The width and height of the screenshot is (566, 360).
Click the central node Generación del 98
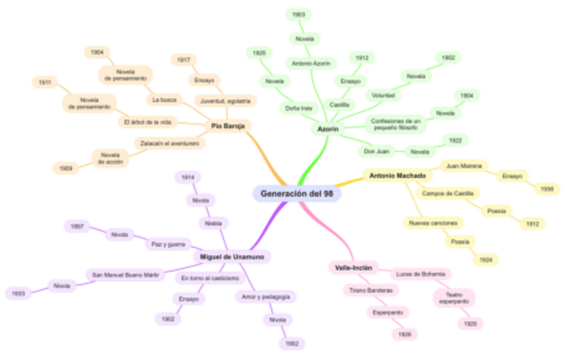coord(296,194)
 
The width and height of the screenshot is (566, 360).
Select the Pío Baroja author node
coord(228,126)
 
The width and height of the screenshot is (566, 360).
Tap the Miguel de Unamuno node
coord(232,256)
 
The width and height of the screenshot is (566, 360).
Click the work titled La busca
coord(164,100)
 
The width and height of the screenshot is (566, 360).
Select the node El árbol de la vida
coord(148,122)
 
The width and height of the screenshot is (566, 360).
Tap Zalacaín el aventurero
coord(170,143)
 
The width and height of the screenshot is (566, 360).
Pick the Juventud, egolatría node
coord(225,101)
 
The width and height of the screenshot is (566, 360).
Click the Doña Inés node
coord(298,108)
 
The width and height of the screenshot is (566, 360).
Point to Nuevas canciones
coord(433,222)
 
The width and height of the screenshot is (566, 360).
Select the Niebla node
coord(214,222)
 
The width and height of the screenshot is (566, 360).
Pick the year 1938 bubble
coord(547,189)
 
